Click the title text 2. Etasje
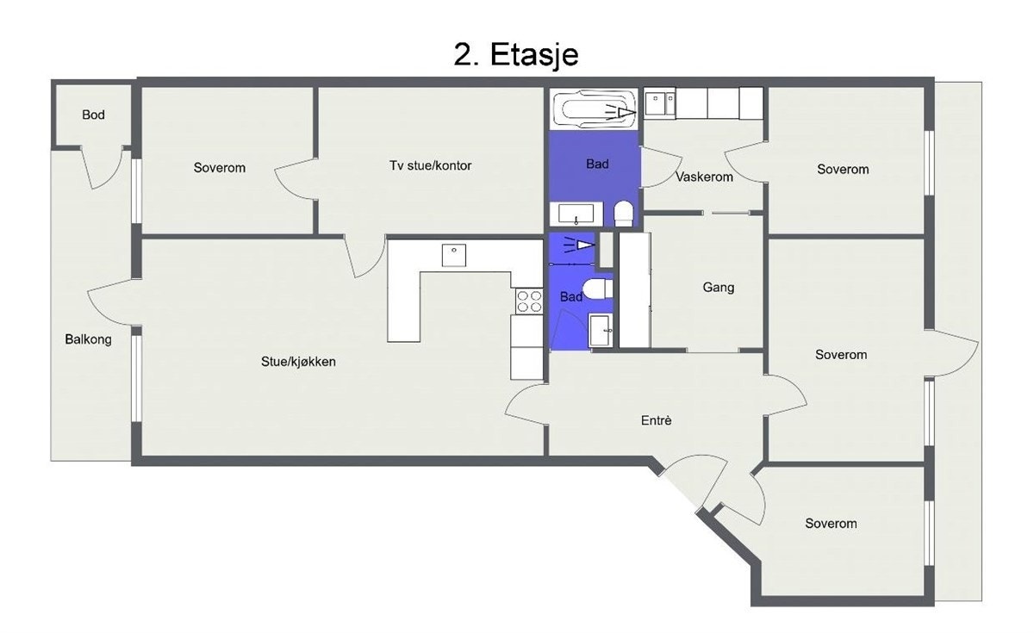[515, 55]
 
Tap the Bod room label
[93, 115]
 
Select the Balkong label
[88, 339]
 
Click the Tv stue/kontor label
[430, 165]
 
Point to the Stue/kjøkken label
[298, 362]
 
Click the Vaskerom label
[704, 177]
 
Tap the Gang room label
[718, 288]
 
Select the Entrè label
[656, 421]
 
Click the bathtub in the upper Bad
[594, 110]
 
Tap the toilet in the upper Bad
[624, 213]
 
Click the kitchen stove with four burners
[528, 301]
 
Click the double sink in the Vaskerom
[660, 103]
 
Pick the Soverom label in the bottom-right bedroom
[831, 524]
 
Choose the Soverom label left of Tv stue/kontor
[219, 168]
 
